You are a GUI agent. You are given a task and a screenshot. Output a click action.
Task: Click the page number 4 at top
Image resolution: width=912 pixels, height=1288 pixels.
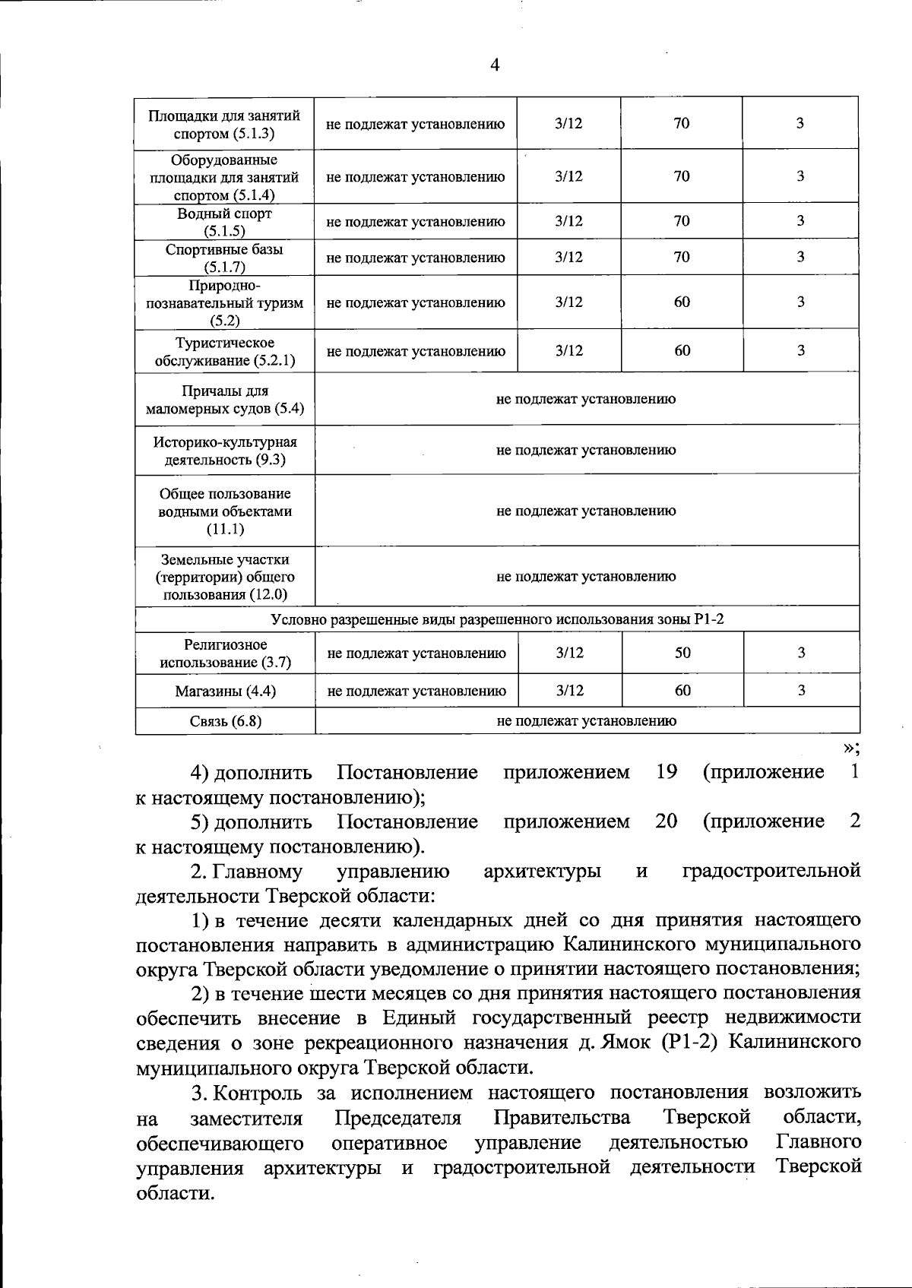click(495, 65)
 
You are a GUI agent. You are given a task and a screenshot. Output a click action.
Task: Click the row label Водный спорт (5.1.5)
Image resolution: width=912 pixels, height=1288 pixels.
click(225, 222)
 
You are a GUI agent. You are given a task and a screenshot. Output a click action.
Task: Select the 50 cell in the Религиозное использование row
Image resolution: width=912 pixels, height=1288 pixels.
click(682, 653)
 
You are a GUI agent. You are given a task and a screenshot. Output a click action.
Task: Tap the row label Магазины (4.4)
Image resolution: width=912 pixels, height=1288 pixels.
click(225, 691)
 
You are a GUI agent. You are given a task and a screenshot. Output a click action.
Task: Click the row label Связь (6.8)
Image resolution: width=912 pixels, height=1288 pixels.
click(225, 721)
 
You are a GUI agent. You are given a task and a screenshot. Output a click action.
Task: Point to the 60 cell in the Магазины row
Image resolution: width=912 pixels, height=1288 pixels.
click(682, 690)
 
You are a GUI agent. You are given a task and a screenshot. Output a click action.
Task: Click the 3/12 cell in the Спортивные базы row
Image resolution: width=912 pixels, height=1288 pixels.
click(568, 257)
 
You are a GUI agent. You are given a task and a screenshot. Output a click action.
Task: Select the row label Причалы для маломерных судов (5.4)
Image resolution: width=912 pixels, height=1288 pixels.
click(225, 400)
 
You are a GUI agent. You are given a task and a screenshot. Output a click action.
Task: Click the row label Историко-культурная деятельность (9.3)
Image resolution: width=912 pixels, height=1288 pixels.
click(225, 451)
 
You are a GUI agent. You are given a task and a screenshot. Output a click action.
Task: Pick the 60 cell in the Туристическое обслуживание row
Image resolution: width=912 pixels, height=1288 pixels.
click(682, 350)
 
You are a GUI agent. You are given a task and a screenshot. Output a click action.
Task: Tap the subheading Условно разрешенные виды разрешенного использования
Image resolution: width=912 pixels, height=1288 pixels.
click(497, 619)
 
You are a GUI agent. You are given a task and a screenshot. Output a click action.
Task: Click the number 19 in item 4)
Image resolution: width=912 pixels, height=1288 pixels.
click(667, 773)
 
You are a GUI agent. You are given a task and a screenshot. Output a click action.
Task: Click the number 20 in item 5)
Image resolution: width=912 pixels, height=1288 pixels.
click(667, 821)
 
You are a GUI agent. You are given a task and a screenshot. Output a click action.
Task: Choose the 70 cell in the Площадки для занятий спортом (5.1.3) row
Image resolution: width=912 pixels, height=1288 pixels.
click(682, 123)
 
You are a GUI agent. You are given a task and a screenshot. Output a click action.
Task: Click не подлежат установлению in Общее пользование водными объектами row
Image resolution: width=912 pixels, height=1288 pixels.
click(586, 511)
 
